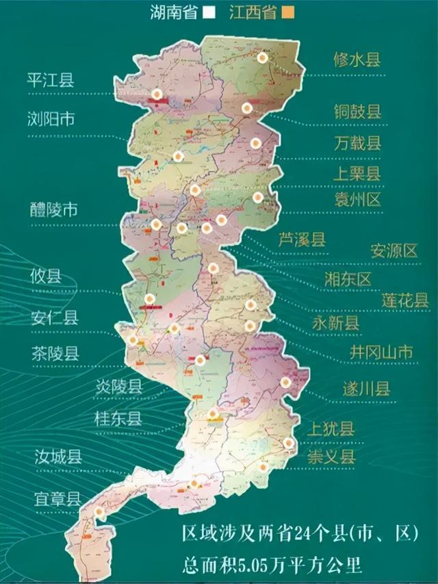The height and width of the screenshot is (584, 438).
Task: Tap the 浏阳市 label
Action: (x=52, y=119)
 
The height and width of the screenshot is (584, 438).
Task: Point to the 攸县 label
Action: (x=46, y=276)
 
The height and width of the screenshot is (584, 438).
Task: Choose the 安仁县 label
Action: (x=55, y=316)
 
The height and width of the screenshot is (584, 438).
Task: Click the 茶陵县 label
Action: (x=55, y=353)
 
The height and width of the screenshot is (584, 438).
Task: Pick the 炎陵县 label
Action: (x=118, y=386)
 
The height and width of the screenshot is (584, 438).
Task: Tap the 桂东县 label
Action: (x=118, y=418)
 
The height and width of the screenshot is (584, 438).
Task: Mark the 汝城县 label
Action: (x=59, y=456)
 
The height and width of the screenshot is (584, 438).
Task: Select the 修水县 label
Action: (x=356, y=59)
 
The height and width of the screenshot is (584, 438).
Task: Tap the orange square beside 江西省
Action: (x=289, y=12)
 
